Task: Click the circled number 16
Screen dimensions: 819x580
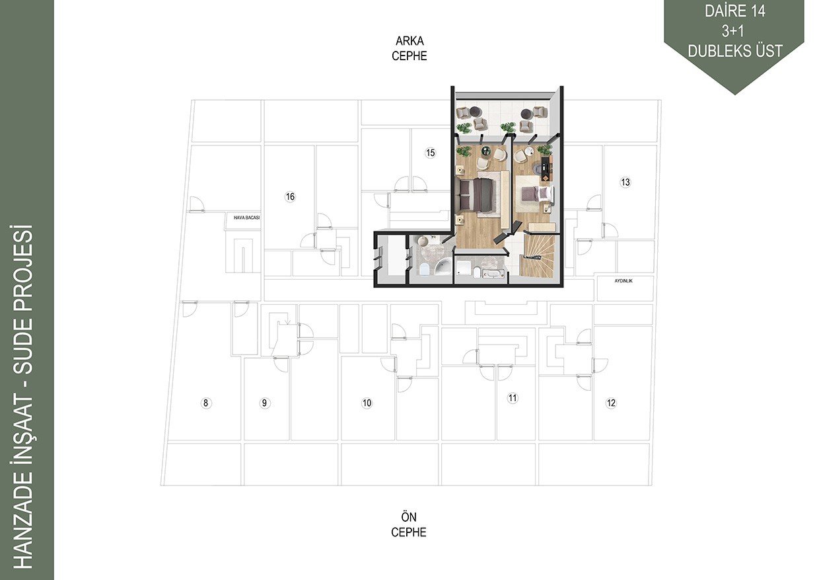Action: [290, 197]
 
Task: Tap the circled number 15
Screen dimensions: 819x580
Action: [431, 153]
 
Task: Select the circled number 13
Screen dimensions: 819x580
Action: [625, 182]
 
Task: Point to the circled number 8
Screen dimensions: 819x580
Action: [206, 403]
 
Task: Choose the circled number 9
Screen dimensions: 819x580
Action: [264, 403]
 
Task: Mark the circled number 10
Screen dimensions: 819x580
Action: [367, 403]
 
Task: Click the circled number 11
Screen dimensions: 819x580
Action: [513, 398]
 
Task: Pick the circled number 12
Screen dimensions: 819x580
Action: [611, 403]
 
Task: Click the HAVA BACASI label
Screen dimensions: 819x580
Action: [246, 218]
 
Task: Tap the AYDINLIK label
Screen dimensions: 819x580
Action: [623, 281]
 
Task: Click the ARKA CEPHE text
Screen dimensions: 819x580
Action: [409, 48]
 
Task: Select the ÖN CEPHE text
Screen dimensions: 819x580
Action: [409, 524]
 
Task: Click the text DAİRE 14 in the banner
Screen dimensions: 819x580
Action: [735, 11]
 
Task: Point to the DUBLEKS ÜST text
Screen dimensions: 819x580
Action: [735, 50]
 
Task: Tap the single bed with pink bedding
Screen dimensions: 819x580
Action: [537, 194]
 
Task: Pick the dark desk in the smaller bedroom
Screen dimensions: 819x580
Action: [545, 168]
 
